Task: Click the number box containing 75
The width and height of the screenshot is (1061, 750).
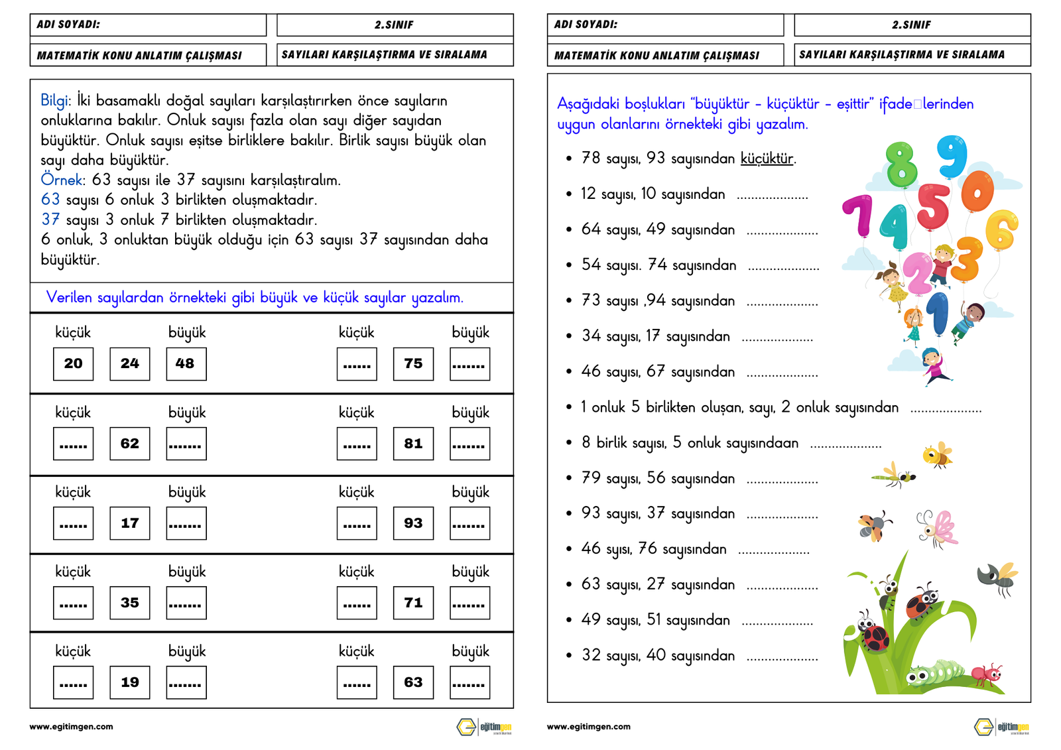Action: click(413, 364)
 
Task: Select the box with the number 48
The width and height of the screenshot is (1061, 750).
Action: click(186, 364)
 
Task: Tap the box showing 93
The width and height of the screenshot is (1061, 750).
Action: click(413, 523)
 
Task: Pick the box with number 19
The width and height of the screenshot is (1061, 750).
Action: click(130, 682)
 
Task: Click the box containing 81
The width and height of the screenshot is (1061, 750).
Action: click(413, 444)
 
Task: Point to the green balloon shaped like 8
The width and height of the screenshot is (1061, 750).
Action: click(901, 163)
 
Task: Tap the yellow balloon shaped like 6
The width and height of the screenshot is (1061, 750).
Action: click(1001, 229)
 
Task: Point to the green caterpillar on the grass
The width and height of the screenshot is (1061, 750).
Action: click(935, 672)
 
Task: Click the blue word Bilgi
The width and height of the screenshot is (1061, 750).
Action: click(54, 101)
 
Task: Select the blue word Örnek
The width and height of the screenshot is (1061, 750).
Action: click(62, 180)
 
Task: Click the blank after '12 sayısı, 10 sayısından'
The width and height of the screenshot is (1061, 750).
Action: click(772, 196)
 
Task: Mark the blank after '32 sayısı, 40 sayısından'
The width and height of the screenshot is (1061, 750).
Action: click(782, 657)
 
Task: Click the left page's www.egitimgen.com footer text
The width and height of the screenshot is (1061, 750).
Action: click(71, 727)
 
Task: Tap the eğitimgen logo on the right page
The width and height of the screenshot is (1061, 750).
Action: click(1001, 727)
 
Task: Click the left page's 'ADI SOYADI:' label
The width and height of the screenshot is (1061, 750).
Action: click(68, 25)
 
